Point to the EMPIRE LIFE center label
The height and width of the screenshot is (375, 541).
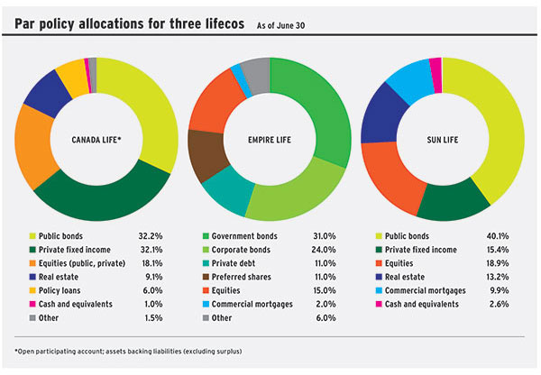pyautogui.click(x=269, y=141)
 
